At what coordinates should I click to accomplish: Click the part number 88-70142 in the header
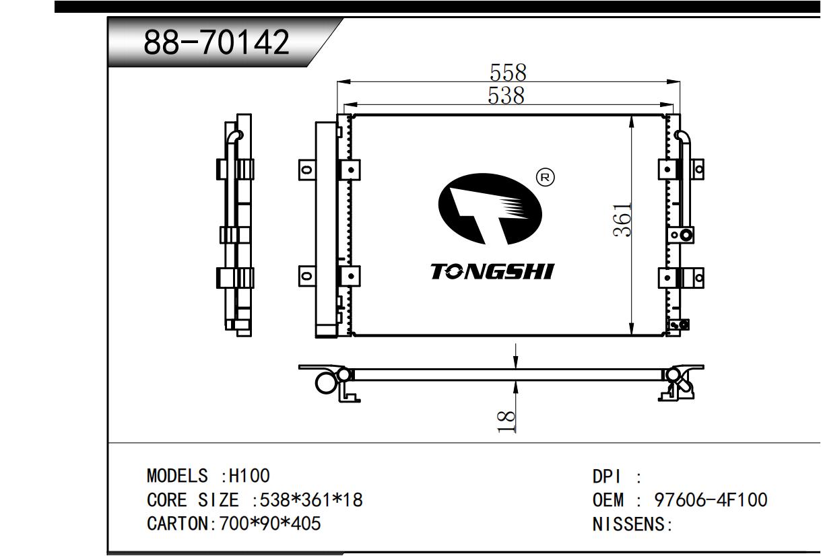pyautogui.click(x=217, y=42)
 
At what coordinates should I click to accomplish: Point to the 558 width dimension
pyautogui.click(x=508, y=73)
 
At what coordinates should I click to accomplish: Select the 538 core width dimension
pyautogui.click(x=506, y=95)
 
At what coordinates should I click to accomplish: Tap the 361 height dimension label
pyautogui.click(x=622, y=219)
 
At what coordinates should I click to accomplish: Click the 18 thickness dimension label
pyautogui.click(x=506, y=421)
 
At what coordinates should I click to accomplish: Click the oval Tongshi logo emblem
pyautogui.click(x=490, y=209)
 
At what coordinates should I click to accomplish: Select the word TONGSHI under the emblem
pyautogui.click(x=492, y=271)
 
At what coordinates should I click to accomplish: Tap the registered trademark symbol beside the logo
pyautogui.click(x=546, y=178)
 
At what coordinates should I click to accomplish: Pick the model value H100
pyautogui.click(x=249, y=476)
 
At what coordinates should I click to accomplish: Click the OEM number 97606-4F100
pyautogui.click(x=711, y=499)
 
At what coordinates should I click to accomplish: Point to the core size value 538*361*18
pyautogui.click(x=311, y=499)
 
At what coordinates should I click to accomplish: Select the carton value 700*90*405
pyautogui.click(x=270, y=524)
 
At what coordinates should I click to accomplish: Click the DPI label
pyautogui.click(x=607, y=477)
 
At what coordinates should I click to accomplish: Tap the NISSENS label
pyautogui.click(x=628, y=524)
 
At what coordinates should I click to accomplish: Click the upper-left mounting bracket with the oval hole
pyautogui.click(x=306, y=170)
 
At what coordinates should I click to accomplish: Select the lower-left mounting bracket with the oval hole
pyautogui.click(x=306, y=276)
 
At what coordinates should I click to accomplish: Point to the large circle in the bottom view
pyautogui.click(x=325, y=383)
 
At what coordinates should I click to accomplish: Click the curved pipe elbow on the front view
pyautogui.click(x=683, y=138)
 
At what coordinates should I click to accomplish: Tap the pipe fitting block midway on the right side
pyautogui.click(x=681, y=235)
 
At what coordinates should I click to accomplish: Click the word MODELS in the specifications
pyautogui.click(x=177, y=476)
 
